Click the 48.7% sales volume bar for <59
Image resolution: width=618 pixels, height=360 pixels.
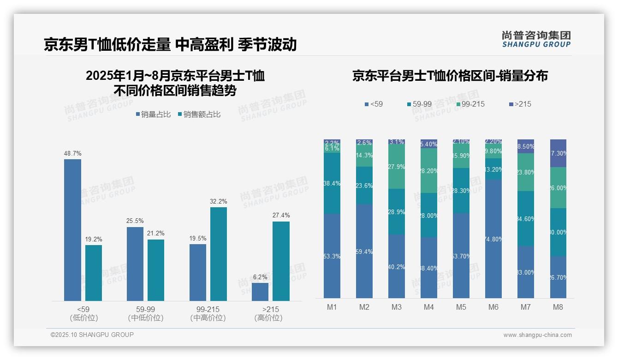coord(72,230)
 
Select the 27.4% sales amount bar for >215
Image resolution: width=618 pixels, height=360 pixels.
coord(281,261)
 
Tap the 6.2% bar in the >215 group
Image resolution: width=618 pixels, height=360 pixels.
coord(260,292)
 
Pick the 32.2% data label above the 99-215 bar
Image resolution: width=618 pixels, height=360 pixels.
coord(219,202)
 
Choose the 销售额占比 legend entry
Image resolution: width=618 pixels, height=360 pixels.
coord(199,114)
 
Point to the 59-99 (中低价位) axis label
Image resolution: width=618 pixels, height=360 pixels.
coord(145,313)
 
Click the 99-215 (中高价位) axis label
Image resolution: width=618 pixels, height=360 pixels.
coord(208,313)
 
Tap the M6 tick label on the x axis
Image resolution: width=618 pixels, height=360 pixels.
coord(493,307)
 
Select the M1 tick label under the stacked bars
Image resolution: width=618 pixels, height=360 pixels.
coord(332,307)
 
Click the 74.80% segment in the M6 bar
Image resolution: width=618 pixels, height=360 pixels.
coord(493,239)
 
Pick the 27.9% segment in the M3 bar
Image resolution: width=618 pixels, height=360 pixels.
coord(397,167)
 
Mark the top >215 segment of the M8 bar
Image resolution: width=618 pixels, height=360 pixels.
coord(558,153)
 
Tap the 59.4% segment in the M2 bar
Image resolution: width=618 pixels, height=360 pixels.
coord(364,251)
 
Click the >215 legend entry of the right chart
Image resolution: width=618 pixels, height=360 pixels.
coord(520,104)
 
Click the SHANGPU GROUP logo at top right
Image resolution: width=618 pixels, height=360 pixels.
coord(536,39)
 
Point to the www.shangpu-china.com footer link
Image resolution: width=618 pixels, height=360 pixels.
coord(537,335)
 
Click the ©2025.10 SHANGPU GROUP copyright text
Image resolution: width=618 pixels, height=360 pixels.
coord(92,335)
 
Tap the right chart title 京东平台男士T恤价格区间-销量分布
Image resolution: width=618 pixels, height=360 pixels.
coord(450,76)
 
